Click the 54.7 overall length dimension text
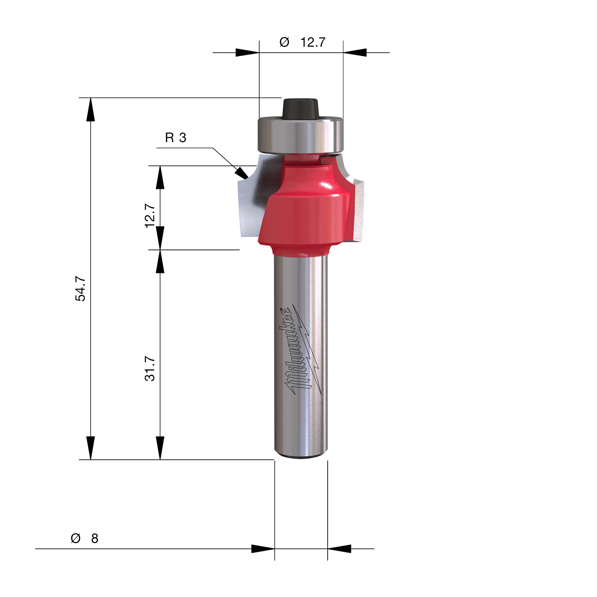coord(81,289)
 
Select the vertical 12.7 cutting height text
coord(150,215)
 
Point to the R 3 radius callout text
coord(176,138)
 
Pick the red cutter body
coord(306,213)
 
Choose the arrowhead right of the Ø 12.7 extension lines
coord(354,52)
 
